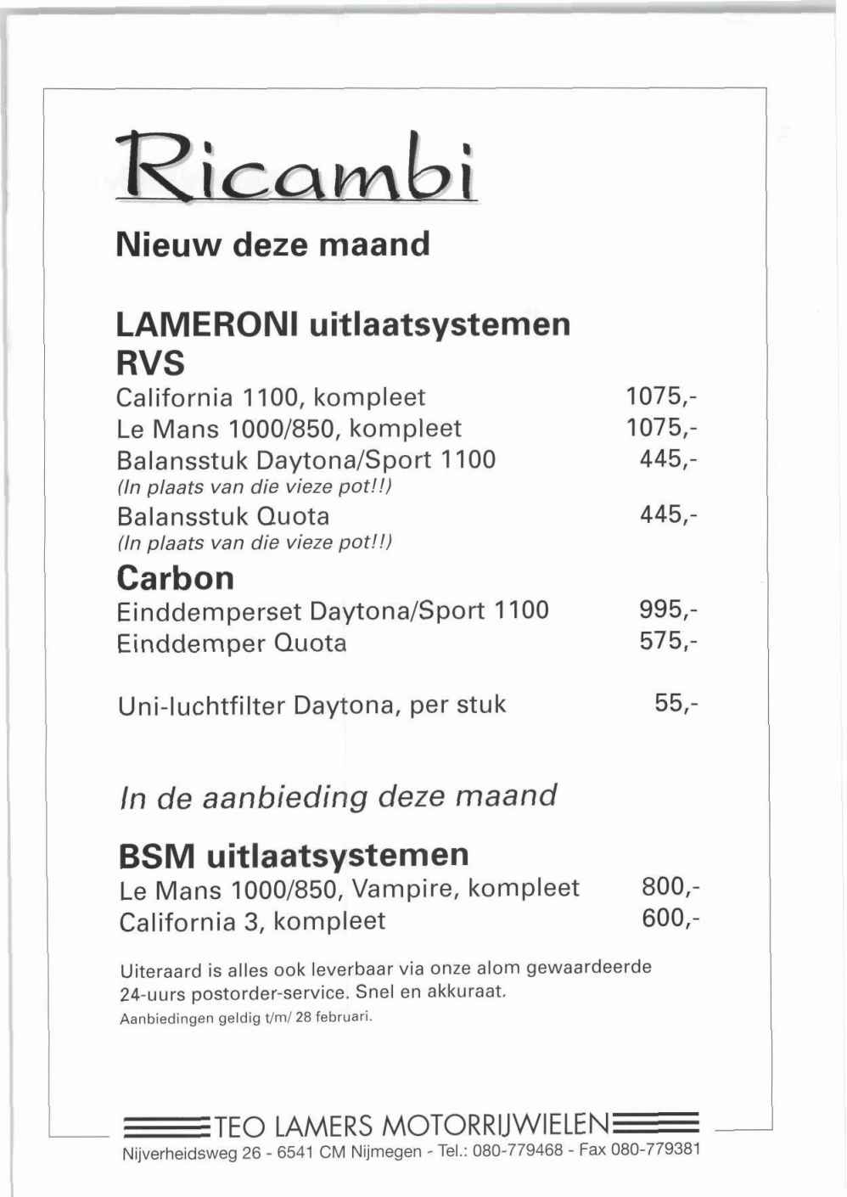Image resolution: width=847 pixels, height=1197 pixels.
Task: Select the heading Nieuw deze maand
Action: tap(272, 244)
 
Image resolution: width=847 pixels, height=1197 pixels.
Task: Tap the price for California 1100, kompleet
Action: tap(661, 396)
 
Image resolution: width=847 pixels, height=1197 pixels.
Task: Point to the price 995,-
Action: tap(668, 610)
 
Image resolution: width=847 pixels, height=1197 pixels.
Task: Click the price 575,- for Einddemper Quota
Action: tap(668, 641)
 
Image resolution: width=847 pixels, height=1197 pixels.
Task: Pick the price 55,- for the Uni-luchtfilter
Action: tap(676, 704)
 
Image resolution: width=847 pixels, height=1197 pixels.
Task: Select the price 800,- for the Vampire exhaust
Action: tap(670, 887)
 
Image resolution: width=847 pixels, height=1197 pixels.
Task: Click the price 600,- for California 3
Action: tap(670, 919)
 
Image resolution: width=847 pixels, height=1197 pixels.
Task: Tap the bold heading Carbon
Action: tap(175, 578)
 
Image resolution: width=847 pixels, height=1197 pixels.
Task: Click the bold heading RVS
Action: tap(149, 363)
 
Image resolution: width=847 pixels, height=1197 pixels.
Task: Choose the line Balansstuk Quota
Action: tap(222, 516)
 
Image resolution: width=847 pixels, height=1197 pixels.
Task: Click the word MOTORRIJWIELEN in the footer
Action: tap(496, 1126)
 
